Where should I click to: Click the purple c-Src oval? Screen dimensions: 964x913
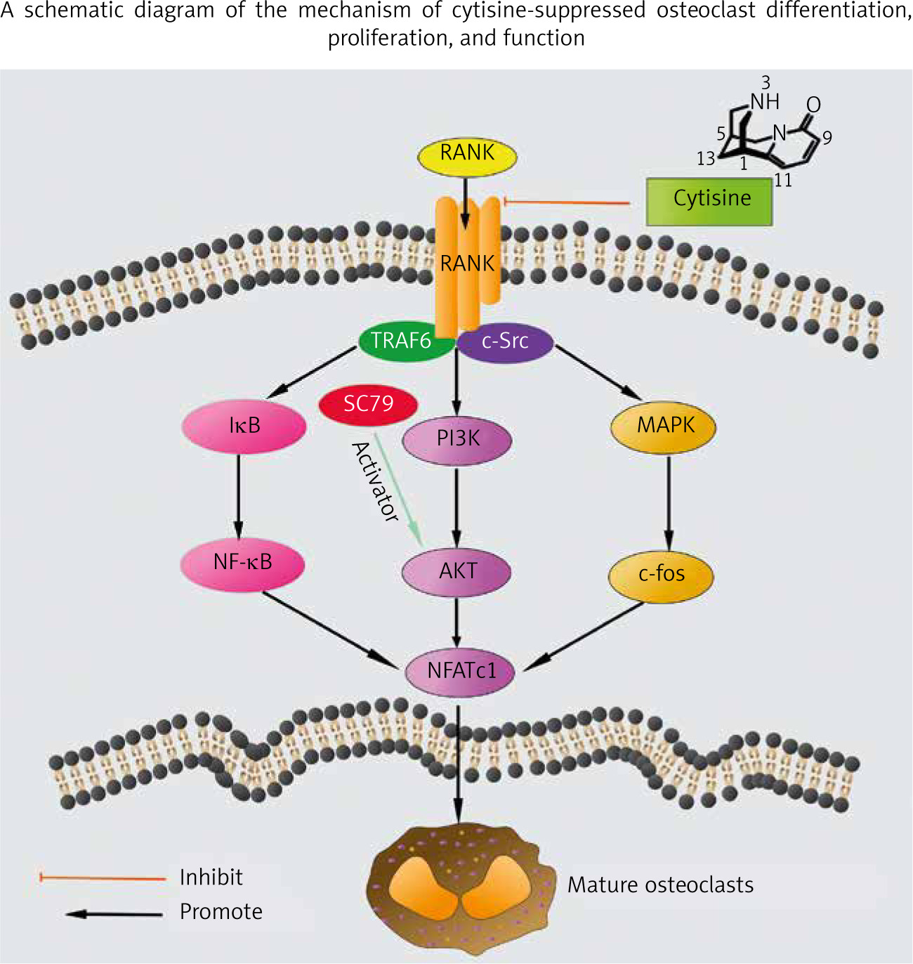pyautogui.click(x=506, y=342)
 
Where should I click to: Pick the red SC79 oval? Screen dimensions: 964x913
pyautogui.click(x=368, y=405)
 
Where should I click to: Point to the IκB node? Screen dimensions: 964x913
pyautogui.click(x=244, y=426)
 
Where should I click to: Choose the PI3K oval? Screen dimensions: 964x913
pyautogui.click(x=457, y=439)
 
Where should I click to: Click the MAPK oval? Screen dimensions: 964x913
pyautogui.click(x=664, y=426)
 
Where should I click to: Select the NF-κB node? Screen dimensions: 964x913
pyautogui.click(x=242, y=564)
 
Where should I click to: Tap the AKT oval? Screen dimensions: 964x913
pyautogui.click(x=456, y=572)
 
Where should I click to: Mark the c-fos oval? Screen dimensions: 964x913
pyautogui.click(x=661, y=575)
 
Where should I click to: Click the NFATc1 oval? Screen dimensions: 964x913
pyautogui.click(x=461, y=672)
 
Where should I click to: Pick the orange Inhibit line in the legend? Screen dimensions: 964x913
pyautogui.click(x=103, y=878)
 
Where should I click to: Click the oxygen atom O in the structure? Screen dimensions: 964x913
pyautogui.click(x=813, y=105)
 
